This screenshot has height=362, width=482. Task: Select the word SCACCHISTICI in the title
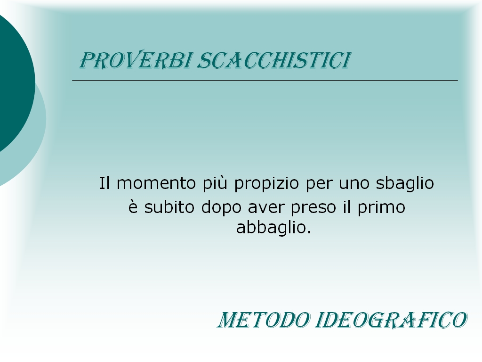(273, 60)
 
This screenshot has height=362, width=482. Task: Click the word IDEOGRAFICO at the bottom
(391, 320)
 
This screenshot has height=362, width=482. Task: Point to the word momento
(156, 183)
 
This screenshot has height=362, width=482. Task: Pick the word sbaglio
(405, 184)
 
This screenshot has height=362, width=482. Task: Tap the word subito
(169, 207)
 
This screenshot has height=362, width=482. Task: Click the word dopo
(221, 208)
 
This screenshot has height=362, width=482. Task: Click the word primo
(381, 208)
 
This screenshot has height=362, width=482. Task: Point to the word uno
(354, 185)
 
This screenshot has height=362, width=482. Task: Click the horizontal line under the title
(265, 80)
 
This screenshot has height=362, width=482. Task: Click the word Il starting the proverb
(104, 183)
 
